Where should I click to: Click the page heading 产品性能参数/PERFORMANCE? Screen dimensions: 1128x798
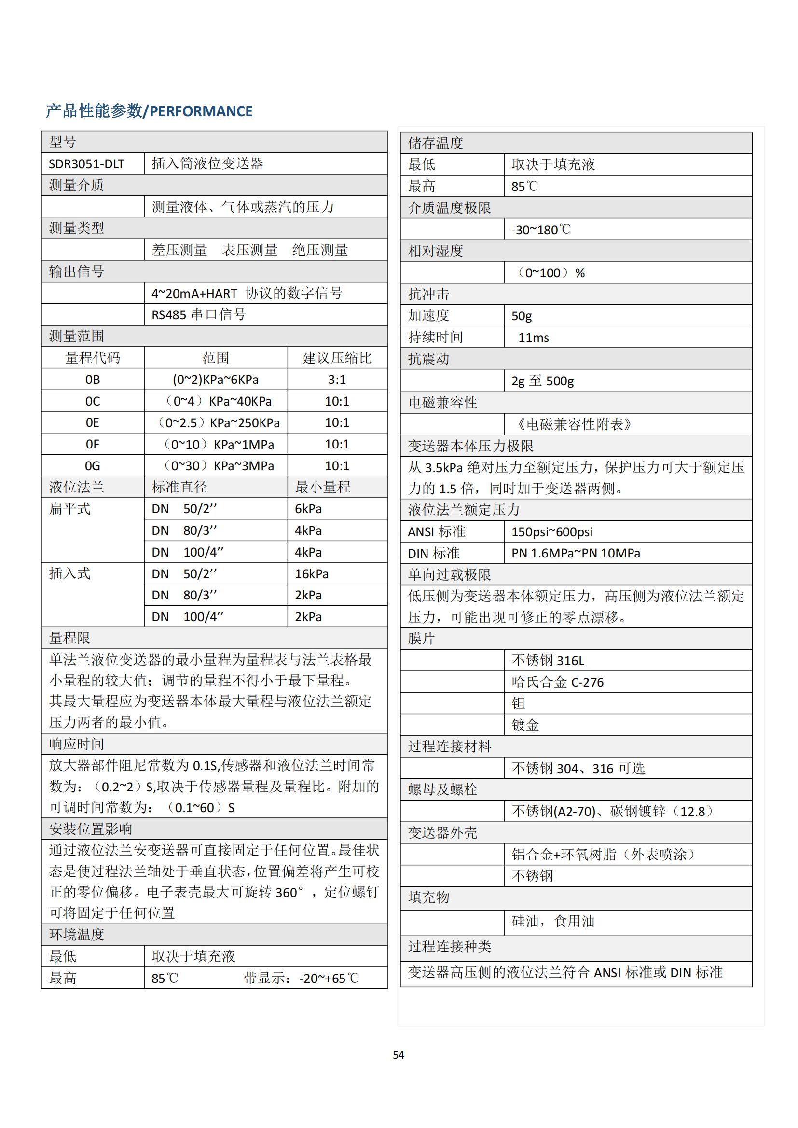[x=149, y=111]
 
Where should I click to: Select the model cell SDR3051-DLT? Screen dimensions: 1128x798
[x=86, y=163]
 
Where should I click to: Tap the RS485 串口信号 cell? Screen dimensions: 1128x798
[x=198, y=314]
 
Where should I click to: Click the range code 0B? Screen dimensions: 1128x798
[x=92, y=380]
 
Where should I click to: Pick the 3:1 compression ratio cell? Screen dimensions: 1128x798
[x=337, y=380]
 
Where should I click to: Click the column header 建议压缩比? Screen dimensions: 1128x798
[x=337, y=358]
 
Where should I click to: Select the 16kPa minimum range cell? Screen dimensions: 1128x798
[x=312, y=574]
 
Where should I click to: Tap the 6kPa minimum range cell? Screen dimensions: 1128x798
[x=308, y=509]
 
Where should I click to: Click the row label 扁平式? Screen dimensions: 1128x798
[x=70, y=509]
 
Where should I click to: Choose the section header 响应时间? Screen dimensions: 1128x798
[x=77, y=744]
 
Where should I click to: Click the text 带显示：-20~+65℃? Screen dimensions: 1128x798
[x=301, y=978]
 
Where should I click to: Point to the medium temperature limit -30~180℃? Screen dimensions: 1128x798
[x=540, y=230]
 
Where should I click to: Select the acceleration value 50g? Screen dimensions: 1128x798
[x=522, y=315]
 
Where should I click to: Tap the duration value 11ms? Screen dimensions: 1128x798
[x=533, y=338]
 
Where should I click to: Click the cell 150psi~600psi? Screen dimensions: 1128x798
[x=552, y=531]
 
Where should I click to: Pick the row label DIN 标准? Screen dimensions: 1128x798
[x=433, y=553]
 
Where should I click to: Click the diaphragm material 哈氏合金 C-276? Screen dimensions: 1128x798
[x=557, y=682]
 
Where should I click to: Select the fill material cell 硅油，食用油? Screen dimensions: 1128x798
[x=553, y=921]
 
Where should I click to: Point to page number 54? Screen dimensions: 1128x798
[x=399, y=1055]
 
